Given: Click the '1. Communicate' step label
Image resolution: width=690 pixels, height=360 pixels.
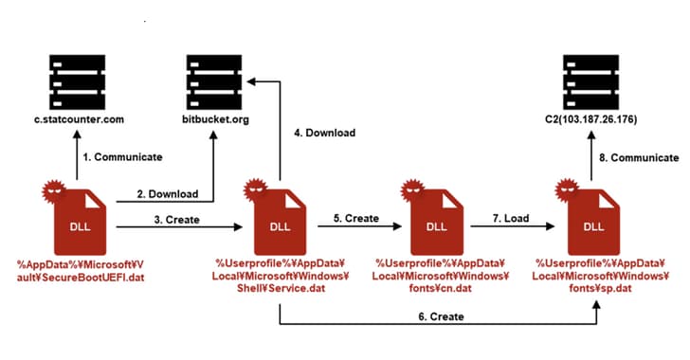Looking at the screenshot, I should (x=121, y=156).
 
